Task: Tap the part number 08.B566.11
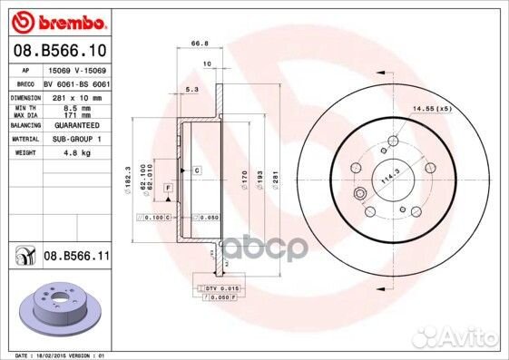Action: point(77,258)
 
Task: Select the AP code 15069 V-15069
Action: point(75,69)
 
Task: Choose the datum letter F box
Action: point(168,187)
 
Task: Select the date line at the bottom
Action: point(57,355)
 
